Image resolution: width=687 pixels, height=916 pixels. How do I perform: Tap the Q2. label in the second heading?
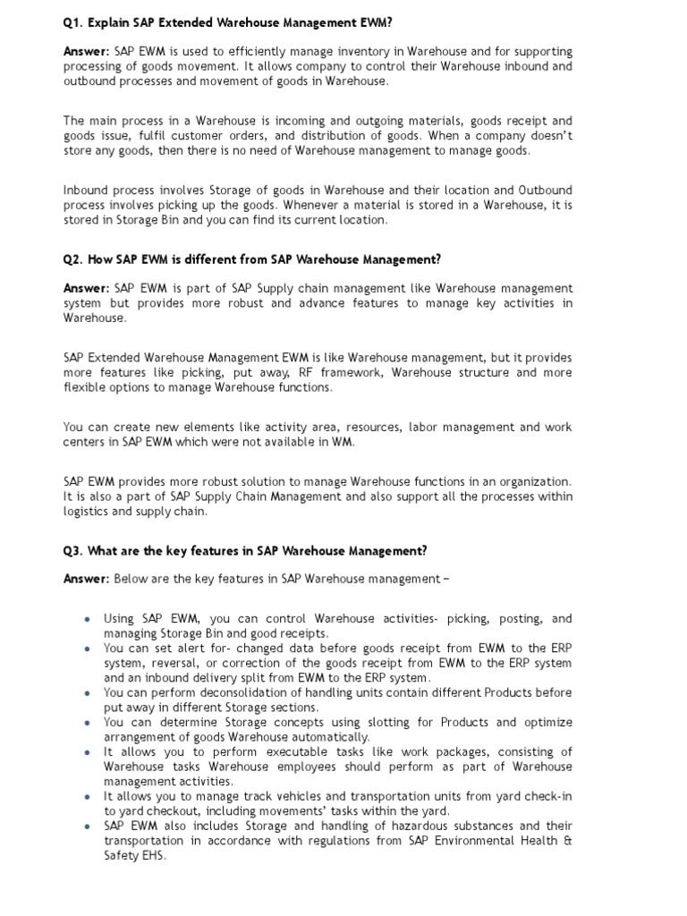point(72,259)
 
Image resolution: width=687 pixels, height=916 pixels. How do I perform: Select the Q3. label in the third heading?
point(72,551)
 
